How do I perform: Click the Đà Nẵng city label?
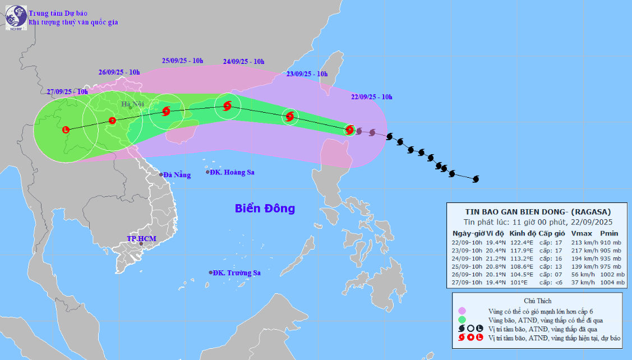[177, 175]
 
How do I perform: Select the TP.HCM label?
[141, 239]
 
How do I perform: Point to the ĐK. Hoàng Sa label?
[232, 172]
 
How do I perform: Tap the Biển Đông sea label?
[265, 209]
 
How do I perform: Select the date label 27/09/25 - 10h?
[67, 91]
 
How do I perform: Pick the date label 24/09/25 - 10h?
[243, 62]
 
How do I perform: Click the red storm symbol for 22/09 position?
[349, 130]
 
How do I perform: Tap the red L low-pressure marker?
[66, 130]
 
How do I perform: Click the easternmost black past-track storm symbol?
[476, 179]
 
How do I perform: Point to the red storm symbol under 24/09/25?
[227, 105]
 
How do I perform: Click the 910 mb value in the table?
[610, 242]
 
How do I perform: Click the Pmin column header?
[609, 233]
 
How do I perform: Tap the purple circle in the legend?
[462, 311]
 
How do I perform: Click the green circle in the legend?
[462, 320]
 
